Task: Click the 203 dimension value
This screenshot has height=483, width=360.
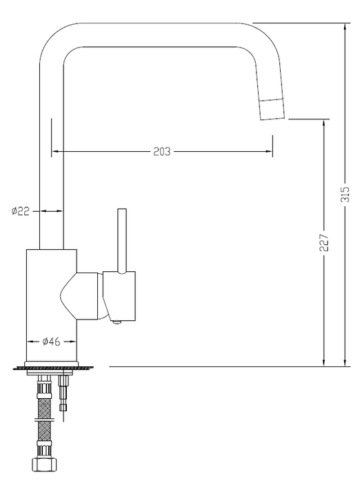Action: click(162, 152)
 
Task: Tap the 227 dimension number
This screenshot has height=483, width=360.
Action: click(324, 241)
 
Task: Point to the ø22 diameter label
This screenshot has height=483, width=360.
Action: click(20, 211)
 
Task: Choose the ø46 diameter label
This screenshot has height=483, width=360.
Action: click(52, 341)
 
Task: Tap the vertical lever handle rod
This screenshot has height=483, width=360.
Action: click(122, 238)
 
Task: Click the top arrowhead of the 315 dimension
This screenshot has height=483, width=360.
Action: click(344, 26)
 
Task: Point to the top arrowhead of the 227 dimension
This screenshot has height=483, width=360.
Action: click(323, 122)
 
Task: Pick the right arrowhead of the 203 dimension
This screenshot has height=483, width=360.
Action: click(268, 152)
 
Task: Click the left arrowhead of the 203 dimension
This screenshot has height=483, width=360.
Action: click(54, 152)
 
